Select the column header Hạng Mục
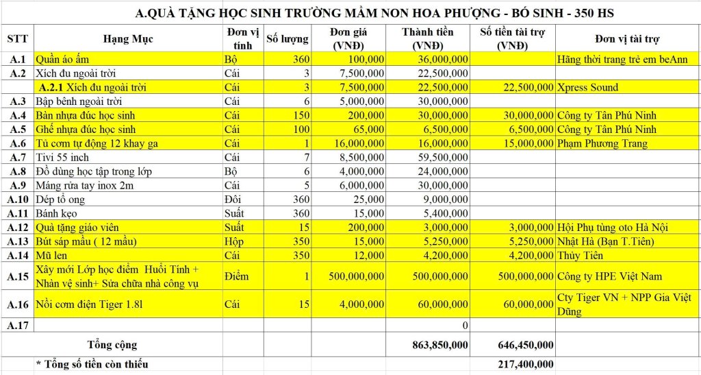point(127,38)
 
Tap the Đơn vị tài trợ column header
point(627,38)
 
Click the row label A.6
point(18,143)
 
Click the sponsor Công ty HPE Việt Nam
point(604,276)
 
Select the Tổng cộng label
point(112,344)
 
